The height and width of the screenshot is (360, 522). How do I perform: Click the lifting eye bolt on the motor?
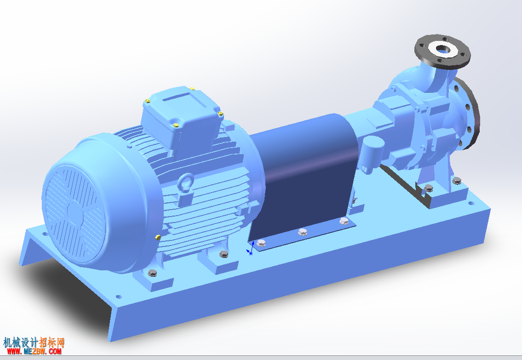(x=186, y=183)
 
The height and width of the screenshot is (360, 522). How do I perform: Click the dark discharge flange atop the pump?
(x=442, y=51)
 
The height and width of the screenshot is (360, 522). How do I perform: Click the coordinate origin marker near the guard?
(x=250, y=250)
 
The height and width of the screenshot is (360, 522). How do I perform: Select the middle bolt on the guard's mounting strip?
(x=302, y=232)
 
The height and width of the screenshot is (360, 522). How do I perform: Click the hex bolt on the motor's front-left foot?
(x=152, y=273)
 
